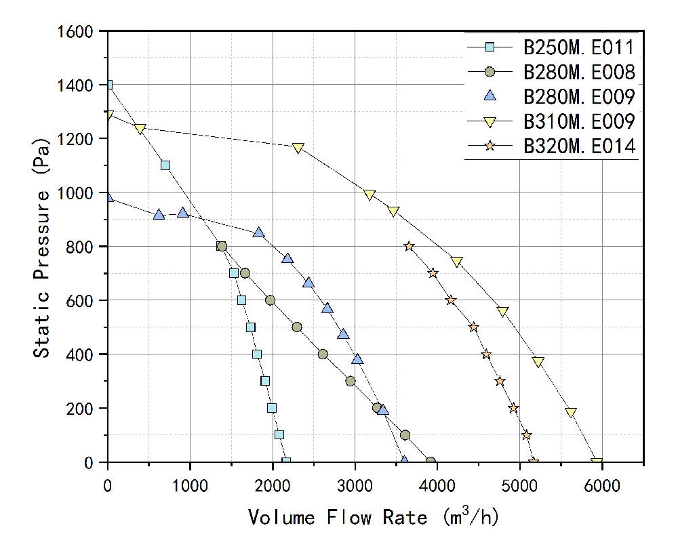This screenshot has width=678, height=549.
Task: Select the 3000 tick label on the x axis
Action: pyautogui.click(x=355, y=486)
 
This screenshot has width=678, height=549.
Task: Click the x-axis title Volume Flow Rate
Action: pyautogui.click(x=374, y=518)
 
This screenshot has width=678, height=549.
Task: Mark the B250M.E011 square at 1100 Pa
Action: pyautogui.click(x=165, y=165)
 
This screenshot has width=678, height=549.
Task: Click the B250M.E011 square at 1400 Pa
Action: pyautogui.click(x=108, y=85)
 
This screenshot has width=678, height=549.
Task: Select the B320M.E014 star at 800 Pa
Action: pyautogui.click(x=409, y=247)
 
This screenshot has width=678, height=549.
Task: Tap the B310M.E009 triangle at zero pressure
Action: pyautogui.click(x=597, y=463)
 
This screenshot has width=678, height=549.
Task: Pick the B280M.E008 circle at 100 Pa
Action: pyautogui.click(x=405, y=435)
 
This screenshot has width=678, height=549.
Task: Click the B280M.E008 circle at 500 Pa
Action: pyautogui.click(x=297, y=327)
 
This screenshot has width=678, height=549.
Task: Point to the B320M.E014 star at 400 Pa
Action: pyautogui.click(x=486, y=354)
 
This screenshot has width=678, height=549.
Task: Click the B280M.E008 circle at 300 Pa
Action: pyautogui.click(x=350, y=381)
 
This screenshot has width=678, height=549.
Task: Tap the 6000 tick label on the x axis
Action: pyautogui.click(x=602, y=486)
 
